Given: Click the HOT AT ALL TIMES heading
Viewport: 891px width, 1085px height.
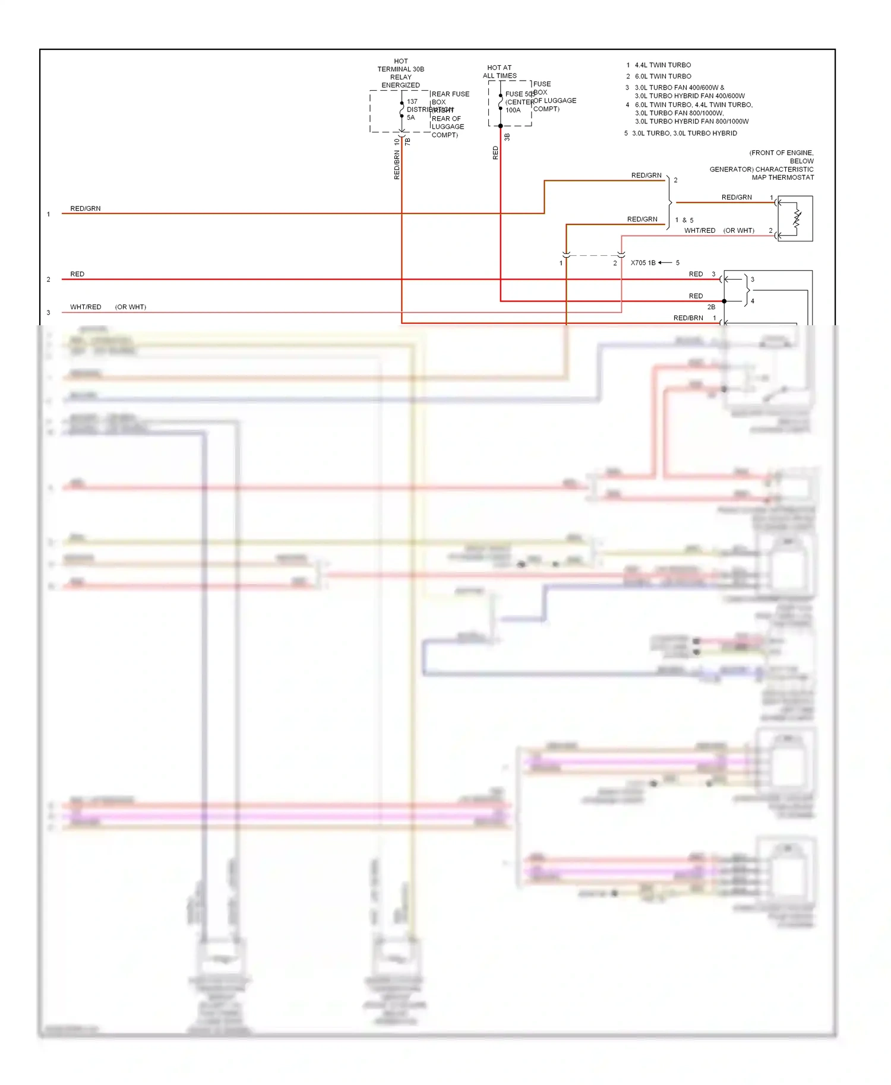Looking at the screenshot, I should click(500, 72).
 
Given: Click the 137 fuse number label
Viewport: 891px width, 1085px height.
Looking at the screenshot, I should click(412, 101).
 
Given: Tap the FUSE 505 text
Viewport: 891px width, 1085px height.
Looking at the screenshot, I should click(519, 94).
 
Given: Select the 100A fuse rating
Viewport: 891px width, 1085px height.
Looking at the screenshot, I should click(513, 110).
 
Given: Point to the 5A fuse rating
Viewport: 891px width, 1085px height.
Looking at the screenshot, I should click(411, 118).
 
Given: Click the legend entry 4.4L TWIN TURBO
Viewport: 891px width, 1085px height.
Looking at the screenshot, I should click(662, 65).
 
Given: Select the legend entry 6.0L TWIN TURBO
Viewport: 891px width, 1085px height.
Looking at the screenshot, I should click(662, 77).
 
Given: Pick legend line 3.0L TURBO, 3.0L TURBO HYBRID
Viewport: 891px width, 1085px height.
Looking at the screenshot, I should click(684, 134).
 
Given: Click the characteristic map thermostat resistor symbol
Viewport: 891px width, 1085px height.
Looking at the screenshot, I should click(797, 219).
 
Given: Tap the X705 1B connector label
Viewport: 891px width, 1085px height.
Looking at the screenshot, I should click(643, 263).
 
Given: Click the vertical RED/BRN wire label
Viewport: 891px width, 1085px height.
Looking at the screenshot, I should click(397, 165).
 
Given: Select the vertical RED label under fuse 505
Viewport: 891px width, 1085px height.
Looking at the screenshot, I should click(495, 153).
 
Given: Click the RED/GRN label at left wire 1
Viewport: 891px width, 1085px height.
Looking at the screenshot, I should click(86, 209).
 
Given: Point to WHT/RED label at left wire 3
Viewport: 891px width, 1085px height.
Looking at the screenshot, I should click(86, 307).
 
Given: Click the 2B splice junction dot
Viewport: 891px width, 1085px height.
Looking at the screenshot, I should click(724, 302).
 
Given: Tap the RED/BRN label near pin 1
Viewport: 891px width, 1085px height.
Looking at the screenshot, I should click(688, 318).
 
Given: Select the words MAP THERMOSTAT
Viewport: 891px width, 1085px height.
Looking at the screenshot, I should click(782, 177).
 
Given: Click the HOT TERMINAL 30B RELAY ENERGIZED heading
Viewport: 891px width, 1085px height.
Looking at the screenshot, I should click(401, 73).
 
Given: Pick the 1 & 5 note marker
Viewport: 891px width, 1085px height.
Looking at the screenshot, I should click(684, 220).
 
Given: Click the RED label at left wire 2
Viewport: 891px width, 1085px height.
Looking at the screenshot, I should click(77, 274).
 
